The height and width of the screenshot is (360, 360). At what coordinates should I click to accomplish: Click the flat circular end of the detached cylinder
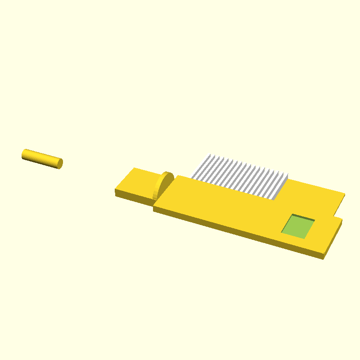(x=60, y=163)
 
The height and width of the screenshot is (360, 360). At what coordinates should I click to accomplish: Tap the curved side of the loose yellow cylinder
(x=40, y=157)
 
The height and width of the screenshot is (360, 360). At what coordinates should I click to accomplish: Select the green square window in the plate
(x=297, y=226)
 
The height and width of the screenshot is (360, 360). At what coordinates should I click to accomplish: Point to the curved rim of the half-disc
(x=169, y=177)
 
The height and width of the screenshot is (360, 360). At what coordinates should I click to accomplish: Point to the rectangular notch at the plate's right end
(x=338, y=211)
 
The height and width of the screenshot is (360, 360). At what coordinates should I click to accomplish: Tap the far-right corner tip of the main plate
(x=345, y=194)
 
